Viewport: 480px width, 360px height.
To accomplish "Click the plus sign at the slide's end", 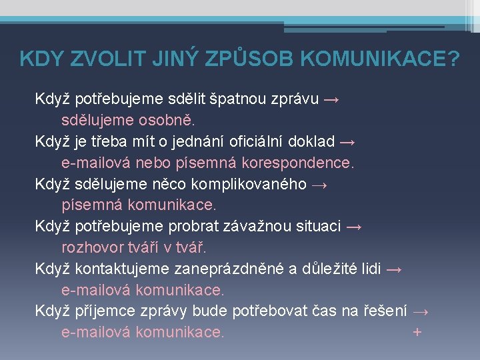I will point(417,331).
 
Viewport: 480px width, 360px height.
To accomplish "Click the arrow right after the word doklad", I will point(347,142).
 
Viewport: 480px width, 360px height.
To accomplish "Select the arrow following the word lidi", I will point(394,269).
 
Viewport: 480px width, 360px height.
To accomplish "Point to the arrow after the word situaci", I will point(355,227).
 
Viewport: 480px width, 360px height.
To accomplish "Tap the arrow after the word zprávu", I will point(331,100).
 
